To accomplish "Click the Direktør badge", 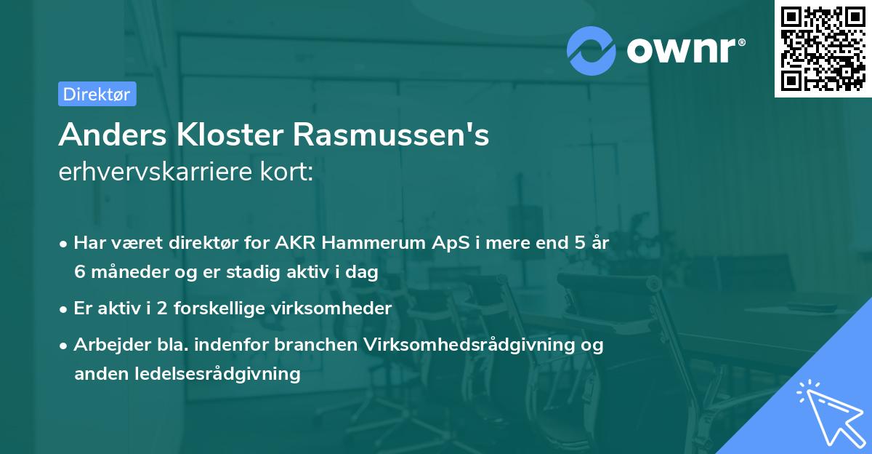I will (x=97, y=94).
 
